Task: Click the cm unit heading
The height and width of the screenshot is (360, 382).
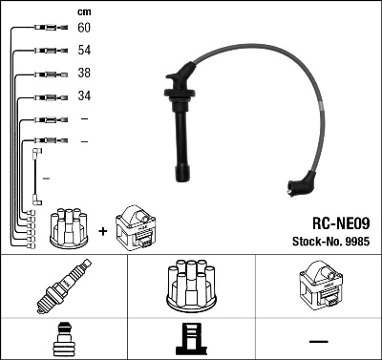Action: tap(83, 11)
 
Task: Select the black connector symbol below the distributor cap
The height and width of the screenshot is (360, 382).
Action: tap(189, 340)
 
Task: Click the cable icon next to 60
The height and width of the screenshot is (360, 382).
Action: tap(46, 29)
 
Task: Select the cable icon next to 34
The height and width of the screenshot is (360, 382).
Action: tap(46, 96)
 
